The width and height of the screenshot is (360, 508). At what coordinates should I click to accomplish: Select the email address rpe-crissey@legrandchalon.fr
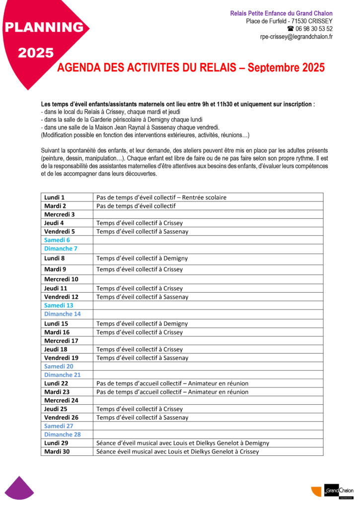click(x=296, y=37)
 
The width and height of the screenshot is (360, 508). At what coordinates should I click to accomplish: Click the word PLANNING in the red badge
click(x=44, y=28)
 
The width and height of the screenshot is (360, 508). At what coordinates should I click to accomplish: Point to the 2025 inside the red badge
click(x=36, y=53)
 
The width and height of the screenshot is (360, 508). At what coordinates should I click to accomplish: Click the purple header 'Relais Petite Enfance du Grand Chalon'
click(x=281, y=13)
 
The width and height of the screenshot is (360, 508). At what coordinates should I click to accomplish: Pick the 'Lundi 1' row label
click(x=55, y=197)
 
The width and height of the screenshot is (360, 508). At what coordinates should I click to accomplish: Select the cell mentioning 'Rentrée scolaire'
click(x=161, y=197)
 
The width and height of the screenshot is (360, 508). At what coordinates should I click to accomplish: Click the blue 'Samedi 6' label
click(x=57, y=240)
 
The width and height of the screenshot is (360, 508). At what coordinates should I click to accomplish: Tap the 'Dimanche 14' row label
click(x=62, y=314)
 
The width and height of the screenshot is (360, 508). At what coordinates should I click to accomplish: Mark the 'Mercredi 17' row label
click(x=61, y=341)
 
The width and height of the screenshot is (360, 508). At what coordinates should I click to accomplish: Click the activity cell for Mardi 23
click(x=172, y=392)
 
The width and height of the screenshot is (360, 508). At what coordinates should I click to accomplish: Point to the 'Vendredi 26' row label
click(x=61, y=417)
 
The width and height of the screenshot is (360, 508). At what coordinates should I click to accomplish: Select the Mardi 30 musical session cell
click(x=177, y=451)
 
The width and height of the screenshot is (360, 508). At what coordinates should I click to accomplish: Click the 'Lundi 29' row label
click(x=56, y=443)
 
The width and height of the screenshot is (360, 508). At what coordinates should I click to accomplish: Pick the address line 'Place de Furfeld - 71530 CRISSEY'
click(x=289, y=21)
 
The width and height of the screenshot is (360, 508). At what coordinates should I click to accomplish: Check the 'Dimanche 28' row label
click(x=62, y=435)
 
